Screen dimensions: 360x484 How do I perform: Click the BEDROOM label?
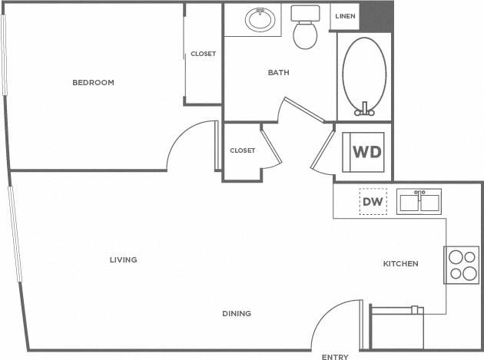pos(93,83)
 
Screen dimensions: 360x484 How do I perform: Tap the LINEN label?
pos(345,16)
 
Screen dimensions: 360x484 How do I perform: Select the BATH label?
pos(278,73)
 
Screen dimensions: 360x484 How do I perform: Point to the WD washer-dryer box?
pos(366,151)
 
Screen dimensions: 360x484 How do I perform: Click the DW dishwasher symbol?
pos(373,202)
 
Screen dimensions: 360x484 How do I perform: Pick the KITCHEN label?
pos(401,264)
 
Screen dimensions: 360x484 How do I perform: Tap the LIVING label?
pos(123,260)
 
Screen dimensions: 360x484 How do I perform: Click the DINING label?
pos(237,313)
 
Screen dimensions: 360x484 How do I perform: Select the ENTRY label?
pos(335,357)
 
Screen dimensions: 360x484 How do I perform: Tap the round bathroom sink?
pos(261,19)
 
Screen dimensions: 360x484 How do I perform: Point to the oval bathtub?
pos(364,74)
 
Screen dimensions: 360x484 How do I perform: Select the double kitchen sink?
pos(419,201)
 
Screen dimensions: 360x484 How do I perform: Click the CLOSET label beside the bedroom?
pos(203,54)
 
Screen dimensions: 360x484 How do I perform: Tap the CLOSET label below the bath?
pos(242,150)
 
